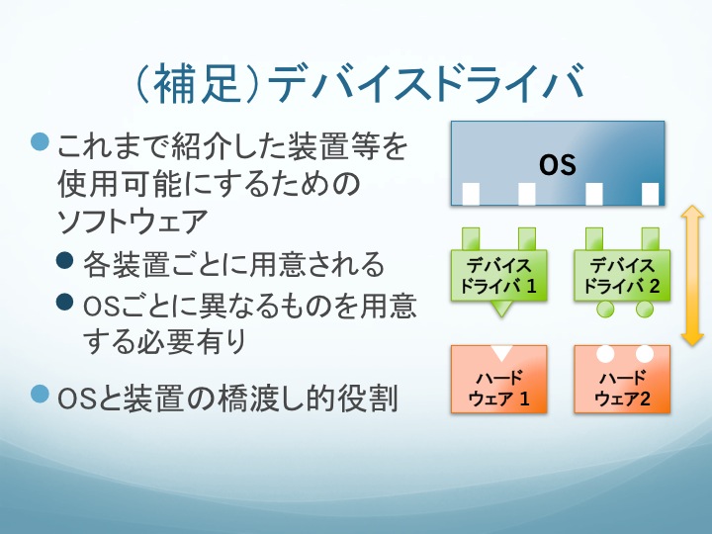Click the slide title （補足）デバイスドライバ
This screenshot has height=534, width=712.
click(x=360, y=83)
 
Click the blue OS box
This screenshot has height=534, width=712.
click(x=558, y=163)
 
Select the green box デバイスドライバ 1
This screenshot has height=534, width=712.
click(x=499, y=275)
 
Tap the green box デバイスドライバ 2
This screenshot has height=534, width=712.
click(x=622, y=275)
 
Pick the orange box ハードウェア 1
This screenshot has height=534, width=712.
click(x=499, y=379)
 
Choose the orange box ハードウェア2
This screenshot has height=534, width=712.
click(x=622, y=379)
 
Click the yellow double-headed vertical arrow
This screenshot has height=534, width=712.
click(x=692, y=276)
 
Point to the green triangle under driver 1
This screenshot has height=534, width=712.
click(x=500, y=309)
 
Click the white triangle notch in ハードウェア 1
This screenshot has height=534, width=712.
click(x=501, y=353)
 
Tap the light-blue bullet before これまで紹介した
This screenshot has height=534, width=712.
click(x=40, y=141)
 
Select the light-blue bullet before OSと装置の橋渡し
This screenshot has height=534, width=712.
click(x=40, y=394)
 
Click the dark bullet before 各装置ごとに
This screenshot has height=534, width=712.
click(x=65, y=260)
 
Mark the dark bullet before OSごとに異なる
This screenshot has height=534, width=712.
click(x=65, y=302)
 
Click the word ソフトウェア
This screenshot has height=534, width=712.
click(x=133, y=222)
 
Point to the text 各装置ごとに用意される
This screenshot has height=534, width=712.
click(x=234, y=264)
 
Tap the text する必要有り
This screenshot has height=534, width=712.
click(x=164, y=340)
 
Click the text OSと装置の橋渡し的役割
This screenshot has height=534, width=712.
click(x=227, y=398)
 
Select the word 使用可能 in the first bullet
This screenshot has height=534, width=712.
click(x=120, y=184)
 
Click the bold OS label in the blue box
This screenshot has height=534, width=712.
click(x=558, y=164)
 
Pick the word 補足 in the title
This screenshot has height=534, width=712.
click(x=197, y=83)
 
